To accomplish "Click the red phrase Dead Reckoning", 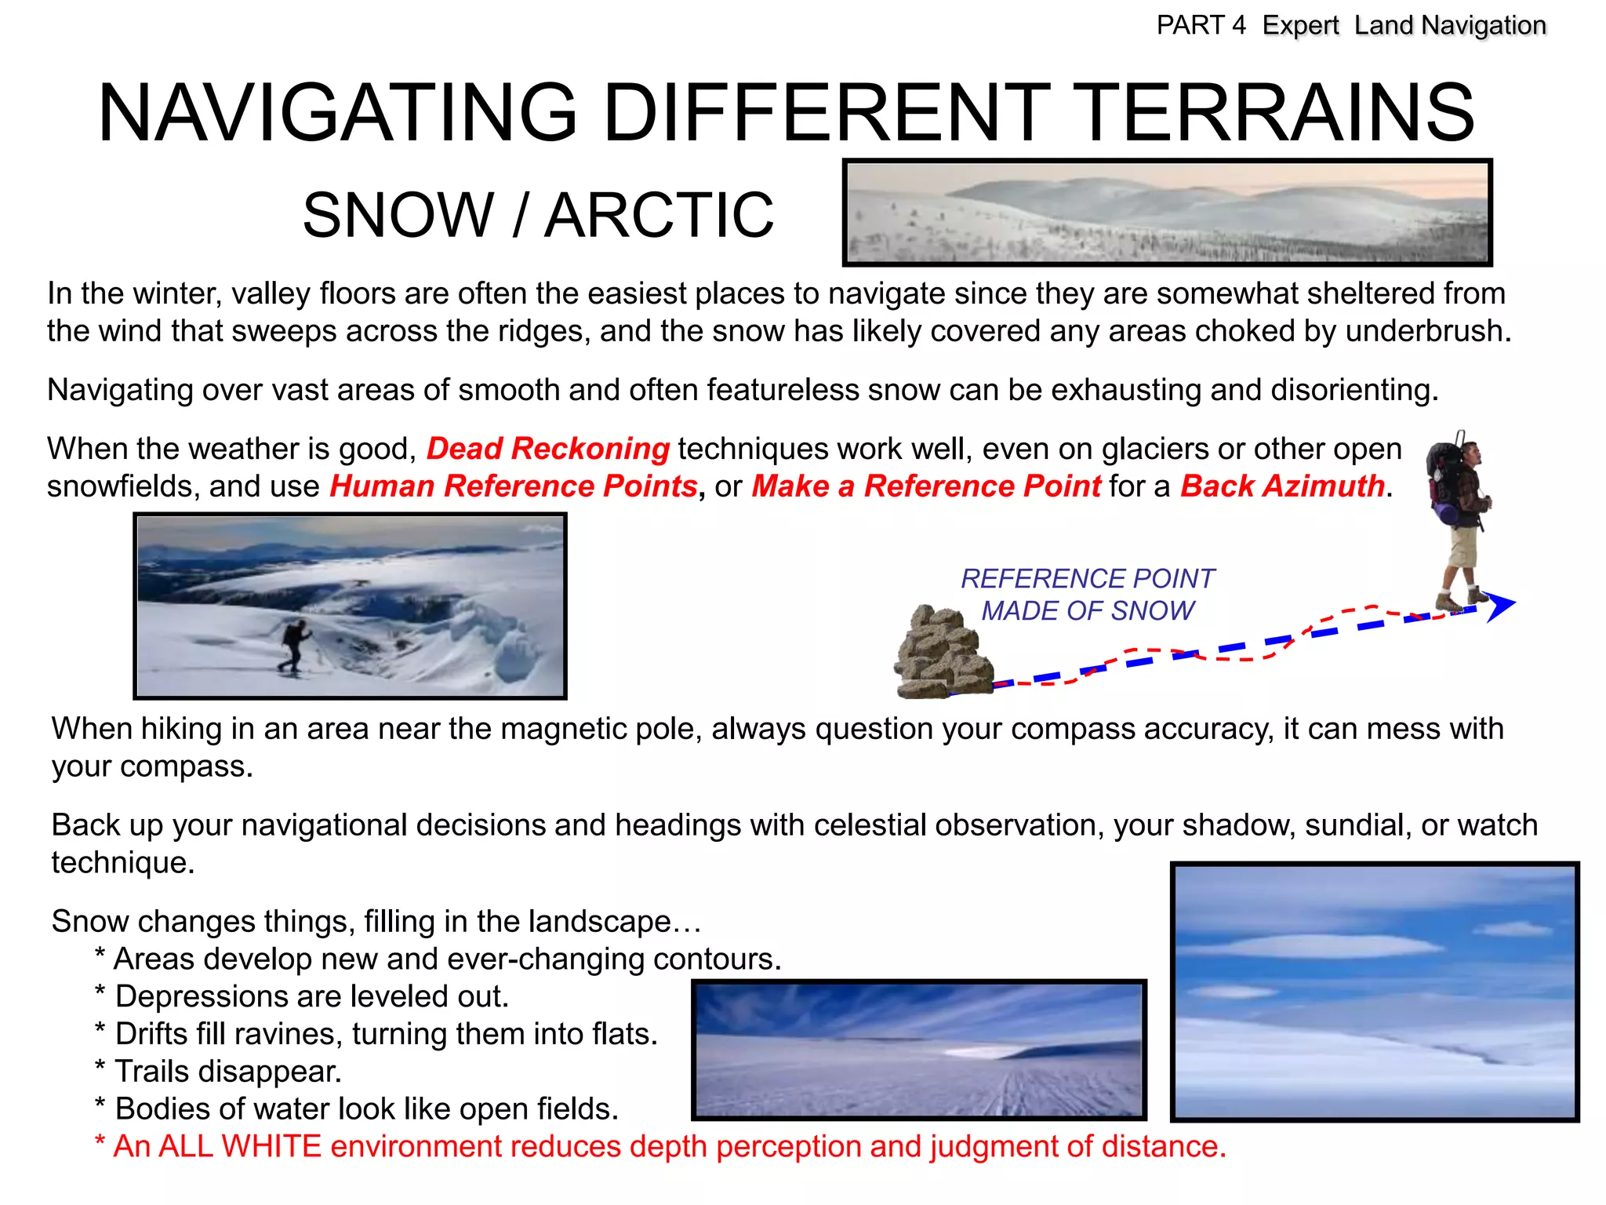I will tap(547, 449).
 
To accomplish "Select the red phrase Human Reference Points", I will tap(513, 486).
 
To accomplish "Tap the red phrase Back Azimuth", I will tap(1282, 486).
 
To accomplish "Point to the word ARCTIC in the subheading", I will tap(659, 215).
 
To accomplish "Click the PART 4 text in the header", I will tap(1201, 26).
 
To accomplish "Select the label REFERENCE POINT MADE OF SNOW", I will tap(1088, 595).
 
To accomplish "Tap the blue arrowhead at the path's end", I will tap(1499, 606).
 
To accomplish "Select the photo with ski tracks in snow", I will tap(918, 1050).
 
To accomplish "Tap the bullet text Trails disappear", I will tap(227, 1072).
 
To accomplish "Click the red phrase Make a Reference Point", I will tap(926, 486).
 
